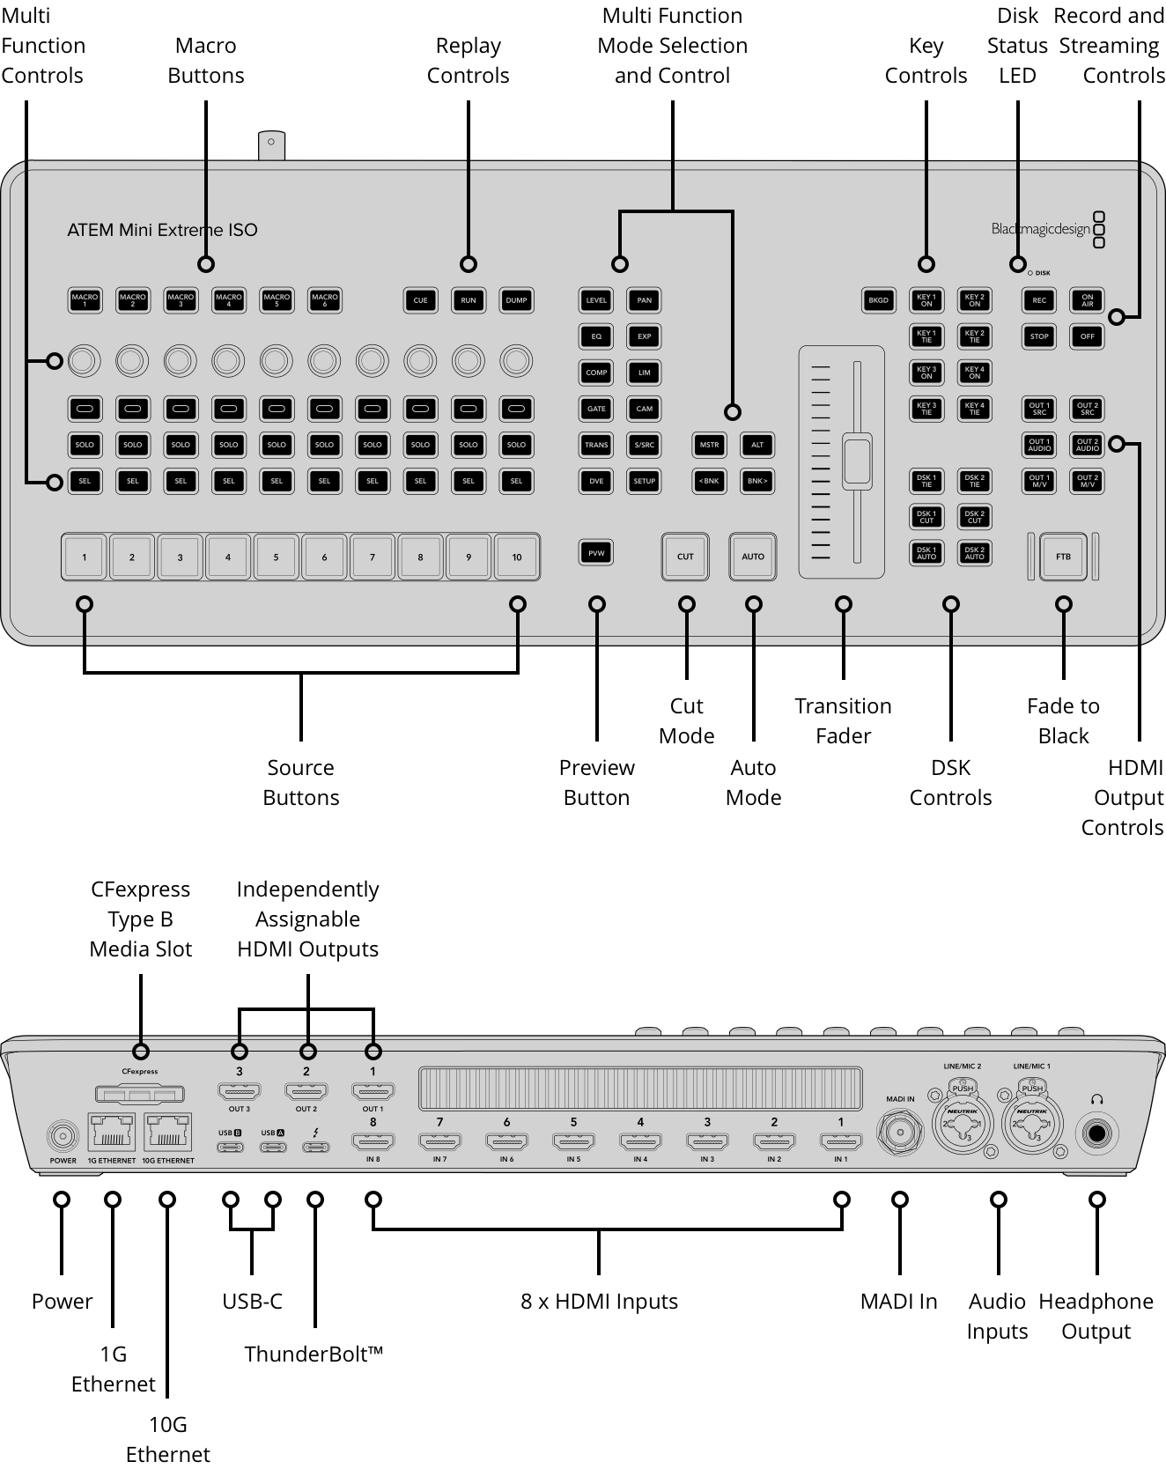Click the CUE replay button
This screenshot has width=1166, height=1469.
pyautogui.click(x=420, y=300)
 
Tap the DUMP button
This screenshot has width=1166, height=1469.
pyautogui.click(x=516, y=300)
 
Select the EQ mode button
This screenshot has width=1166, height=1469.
pyautogui.click(x=596, y=336)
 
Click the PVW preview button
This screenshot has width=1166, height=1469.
pyautogui.click(x=596, y=553)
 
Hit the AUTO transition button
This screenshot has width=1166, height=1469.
pyautogui.click(x=753, y=557)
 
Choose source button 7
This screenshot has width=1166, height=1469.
pyautogui.click(x=373, y=557)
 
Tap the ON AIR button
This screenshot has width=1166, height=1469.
pyautogui.click(x=1088, y=300)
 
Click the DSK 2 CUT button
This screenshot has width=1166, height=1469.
pyautogui.click(x=974, y=517)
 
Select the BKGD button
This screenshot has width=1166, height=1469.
pyautogui.click(x=878, y=300)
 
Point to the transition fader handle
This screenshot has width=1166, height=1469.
pyautogui.click(x=857, y=460)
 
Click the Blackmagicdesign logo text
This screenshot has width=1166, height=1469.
pyautogui.click(x=1040, y=230)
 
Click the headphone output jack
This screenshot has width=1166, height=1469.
pyautogui.click(x=1097, y=1133)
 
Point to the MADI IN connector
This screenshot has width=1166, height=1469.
pyautogui.click(x=900, y=1133)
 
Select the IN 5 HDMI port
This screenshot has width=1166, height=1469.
pyautogui.click(x=573, y=1142)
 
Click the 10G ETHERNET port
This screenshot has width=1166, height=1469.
pyautogui.click(x=168, y=1132)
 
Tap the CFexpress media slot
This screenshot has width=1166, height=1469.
pyautogui.click(x=140, y=1094)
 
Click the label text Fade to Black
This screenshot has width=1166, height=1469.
pyautogui.click(x=1063, y=720)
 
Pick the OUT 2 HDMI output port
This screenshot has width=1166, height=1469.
pyautogui.click(x=306, y=1092)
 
